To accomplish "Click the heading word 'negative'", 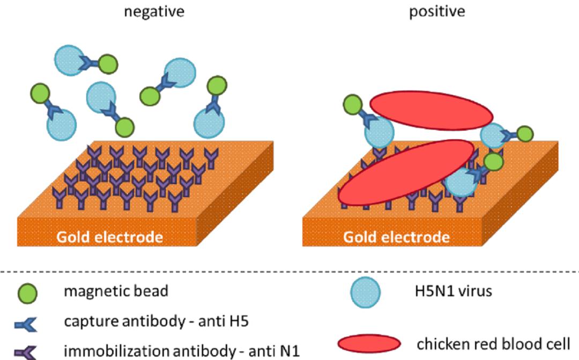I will point(154,11).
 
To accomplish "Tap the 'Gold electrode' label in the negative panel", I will point(109,236).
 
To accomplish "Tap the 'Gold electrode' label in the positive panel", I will point(396,236).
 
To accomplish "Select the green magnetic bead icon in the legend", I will point(27,294).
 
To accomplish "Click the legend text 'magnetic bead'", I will point(116,291).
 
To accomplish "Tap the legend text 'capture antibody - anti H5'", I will point(156,322).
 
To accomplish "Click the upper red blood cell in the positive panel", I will point(430,111).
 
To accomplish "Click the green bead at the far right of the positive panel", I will point(525,134).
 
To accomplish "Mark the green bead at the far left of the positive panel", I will point(352,104).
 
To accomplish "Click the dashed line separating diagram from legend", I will point(289,272).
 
